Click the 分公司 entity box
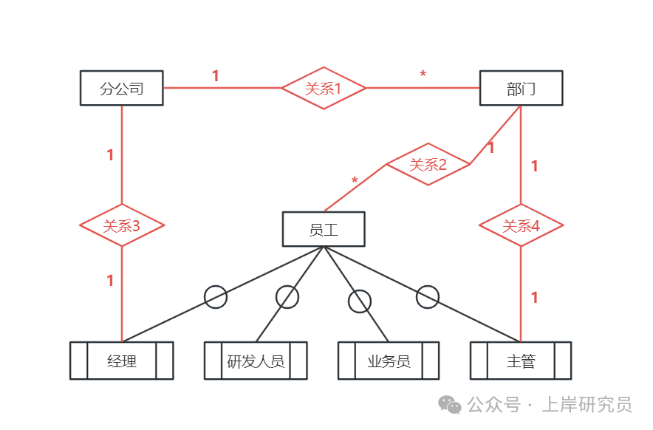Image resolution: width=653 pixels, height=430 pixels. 121,89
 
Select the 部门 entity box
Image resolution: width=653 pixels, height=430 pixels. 521,89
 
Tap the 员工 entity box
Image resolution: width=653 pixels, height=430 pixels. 324,229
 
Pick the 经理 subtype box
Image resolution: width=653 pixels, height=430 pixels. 122,361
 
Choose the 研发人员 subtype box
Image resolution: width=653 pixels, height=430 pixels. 256,361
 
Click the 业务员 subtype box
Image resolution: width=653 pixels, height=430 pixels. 389,361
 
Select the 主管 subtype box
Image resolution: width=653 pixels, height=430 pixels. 521,361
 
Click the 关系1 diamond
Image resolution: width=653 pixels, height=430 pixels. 324,88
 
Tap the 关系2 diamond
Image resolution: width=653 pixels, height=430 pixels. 428,164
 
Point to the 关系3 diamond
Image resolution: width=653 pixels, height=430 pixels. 122,225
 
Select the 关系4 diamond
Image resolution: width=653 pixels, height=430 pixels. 521,225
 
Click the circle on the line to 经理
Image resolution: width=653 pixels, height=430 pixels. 216,297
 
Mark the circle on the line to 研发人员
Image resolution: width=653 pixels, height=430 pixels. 287,297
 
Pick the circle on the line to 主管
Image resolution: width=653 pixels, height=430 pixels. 428,297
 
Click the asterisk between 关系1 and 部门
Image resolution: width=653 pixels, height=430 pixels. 423,75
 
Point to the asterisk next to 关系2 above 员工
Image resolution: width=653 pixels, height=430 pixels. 355,181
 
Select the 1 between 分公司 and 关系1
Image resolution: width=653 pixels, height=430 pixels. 216,76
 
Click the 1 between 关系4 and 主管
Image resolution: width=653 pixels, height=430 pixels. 535,298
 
